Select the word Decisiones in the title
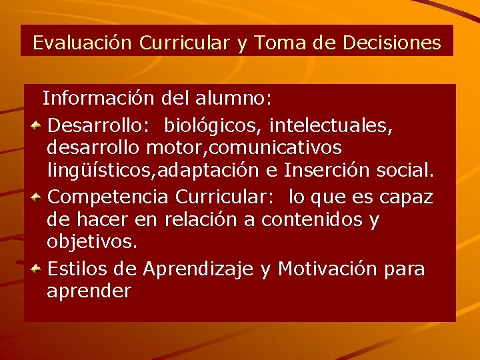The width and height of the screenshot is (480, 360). [391, 43]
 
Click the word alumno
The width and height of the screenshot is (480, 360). [233, 99]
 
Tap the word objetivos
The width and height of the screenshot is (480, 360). [92, 242]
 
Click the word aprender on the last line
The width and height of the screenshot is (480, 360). [89, 292]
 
